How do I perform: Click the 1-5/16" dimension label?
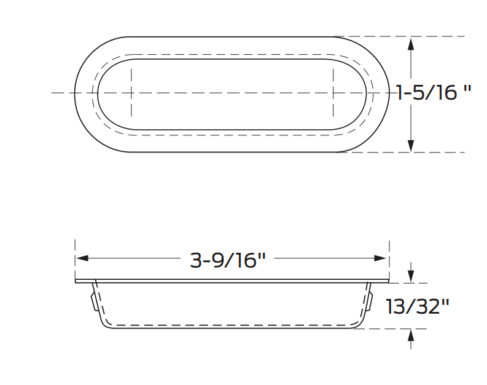[434, 92]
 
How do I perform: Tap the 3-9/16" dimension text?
[228, 260]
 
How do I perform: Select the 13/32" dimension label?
[418, 306]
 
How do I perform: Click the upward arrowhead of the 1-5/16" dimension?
[411, 44]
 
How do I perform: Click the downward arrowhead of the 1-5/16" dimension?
[411, 146]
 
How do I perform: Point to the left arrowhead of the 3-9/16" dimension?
[82, 258]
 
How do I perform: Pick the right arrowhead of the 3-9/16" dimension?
[380, 258]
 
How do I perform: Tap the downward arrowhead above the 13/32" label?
[411, 276]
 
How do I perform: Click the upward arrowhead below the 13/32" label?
[411, 336]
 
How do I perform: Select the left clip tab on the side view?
[93, 301]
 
